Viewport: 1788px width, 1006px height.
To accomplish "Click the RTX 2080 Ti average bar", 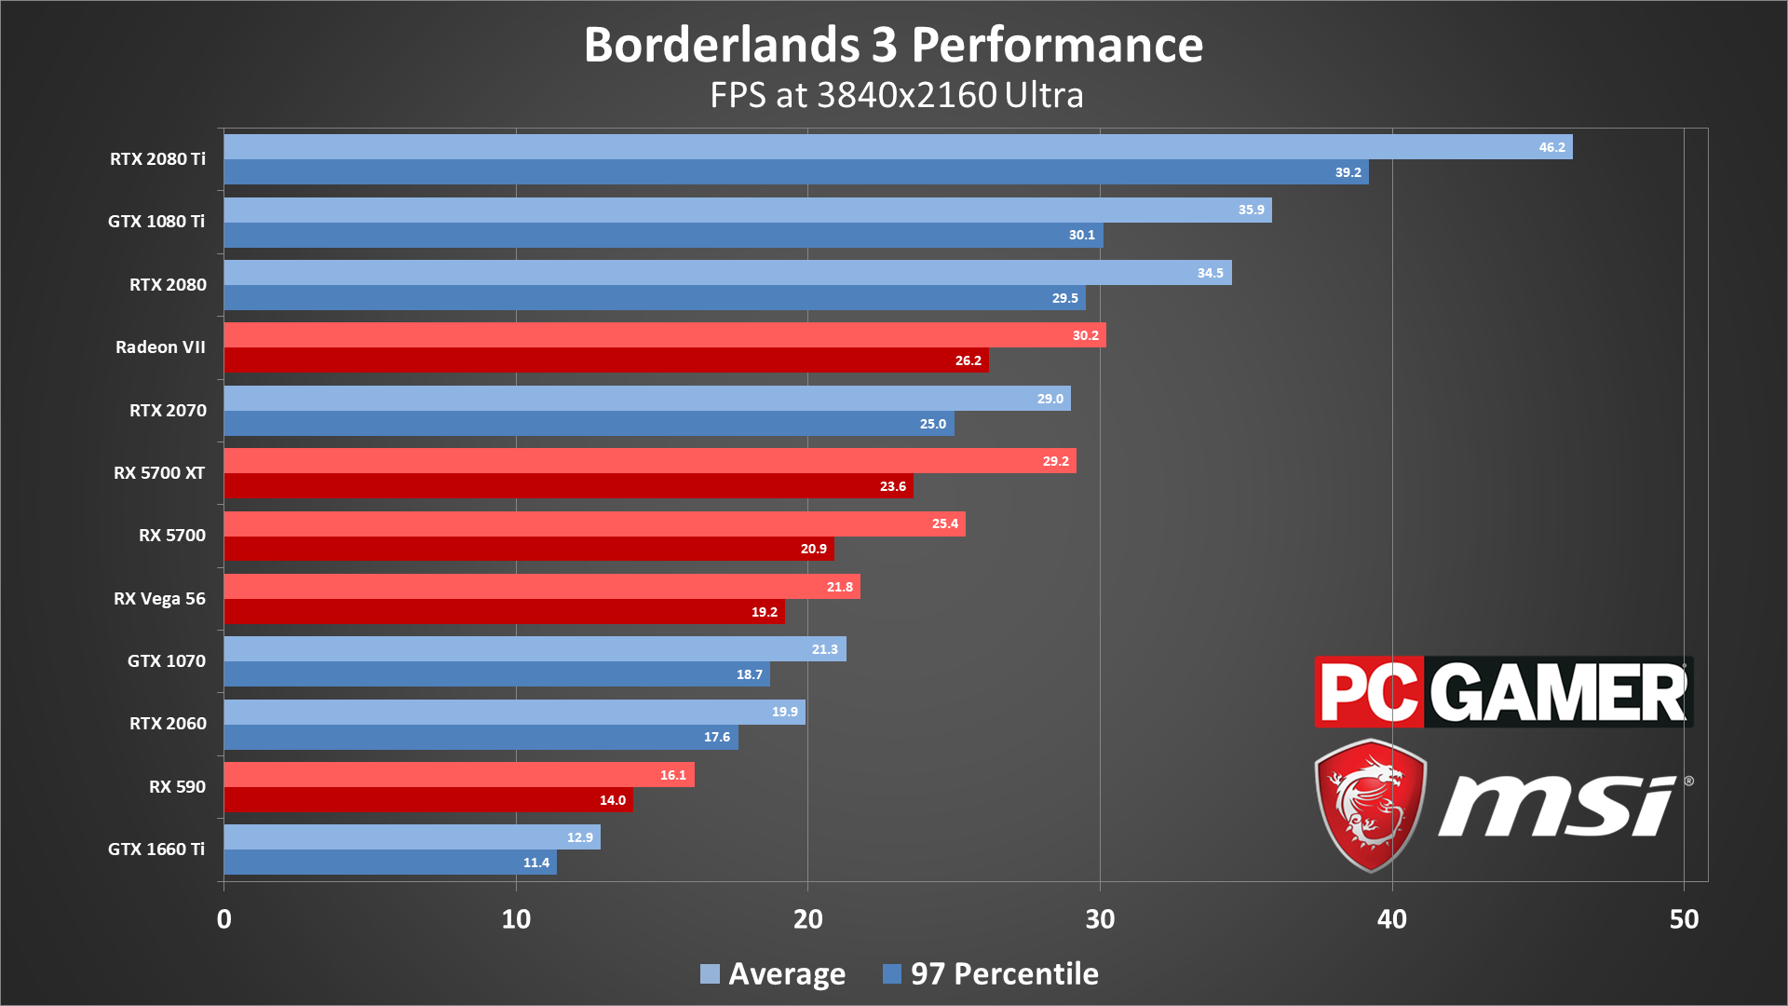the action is point(898,147).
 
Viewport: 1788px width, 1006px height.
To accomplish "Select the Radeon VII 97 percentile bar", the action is point(606,360).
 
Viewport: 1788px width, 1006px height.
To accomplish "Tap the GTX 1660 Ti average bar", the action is point(413,837).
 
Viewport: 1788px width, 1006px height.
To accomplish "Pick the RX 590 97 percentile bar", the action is point(428,800).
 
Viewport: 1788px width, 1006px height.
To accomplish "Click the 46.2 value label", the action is point(1552,147).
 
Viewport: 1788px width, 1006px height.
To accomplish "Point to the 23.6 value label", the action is point(893,486).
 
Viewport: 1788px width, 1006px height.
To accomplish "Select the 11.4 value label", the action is point(536,863).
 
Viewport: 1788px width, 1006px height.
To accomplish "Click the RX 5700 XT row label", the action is point(159,473).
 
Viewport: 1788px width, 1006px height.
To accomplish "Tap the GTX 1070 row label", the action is point(167,661).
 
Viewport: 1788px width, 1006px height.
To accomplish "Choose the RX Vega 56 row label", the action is point(159,599).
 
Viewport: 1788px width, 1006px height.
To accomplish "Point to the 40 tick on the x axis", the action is point(1392,919).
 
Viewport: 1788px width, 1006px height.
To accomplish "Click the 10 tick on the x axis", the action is point(516,919).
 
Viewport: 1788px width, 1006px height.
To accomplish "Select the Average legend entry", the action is point(773,974).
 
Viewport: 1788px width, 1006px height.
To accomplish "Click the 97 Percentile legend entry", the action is point(991,974).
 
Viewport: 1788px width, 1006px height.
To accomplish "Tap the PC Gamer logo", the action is point(1503,692).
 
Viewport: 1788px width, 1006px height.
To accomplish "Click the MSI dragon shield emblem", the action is point(1370,805).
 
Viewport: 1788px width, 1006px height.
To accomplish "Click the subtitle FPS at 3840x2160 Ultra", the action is point(897,95).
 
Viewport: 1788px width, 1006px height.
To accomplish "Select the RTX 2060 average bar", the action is point(515,713).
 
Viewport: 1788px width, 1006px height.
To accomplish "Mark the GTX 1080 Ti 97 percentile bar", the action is point(664,235).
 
